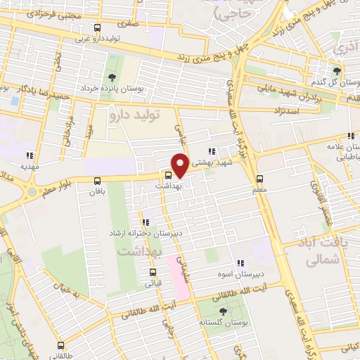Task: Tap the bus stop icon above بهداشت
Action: point(169,175)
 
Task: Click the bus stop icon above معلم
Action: point(260,179)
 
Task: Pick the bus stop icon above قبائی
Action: point(153,271)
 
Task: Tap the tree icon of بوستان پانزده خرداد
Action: point(112,77)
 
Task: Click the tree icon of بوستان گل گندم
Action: point(337,71)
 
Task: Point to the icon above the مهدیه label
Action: point(30,156)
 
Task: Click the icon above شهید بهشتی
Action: point(212,151)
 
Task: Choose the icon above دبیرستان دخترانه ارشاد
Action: point(146,222)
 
